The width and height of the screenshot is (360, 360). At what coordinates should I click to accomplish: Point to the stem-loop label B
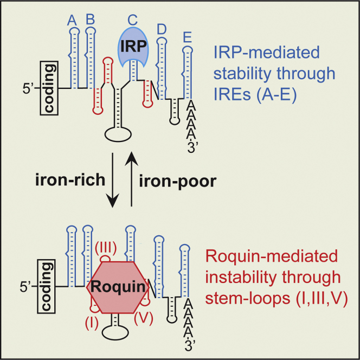click(x=90, y=19)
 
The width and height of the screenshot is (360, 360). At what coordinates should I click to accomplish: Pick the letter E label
click(x=187, y=37)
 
